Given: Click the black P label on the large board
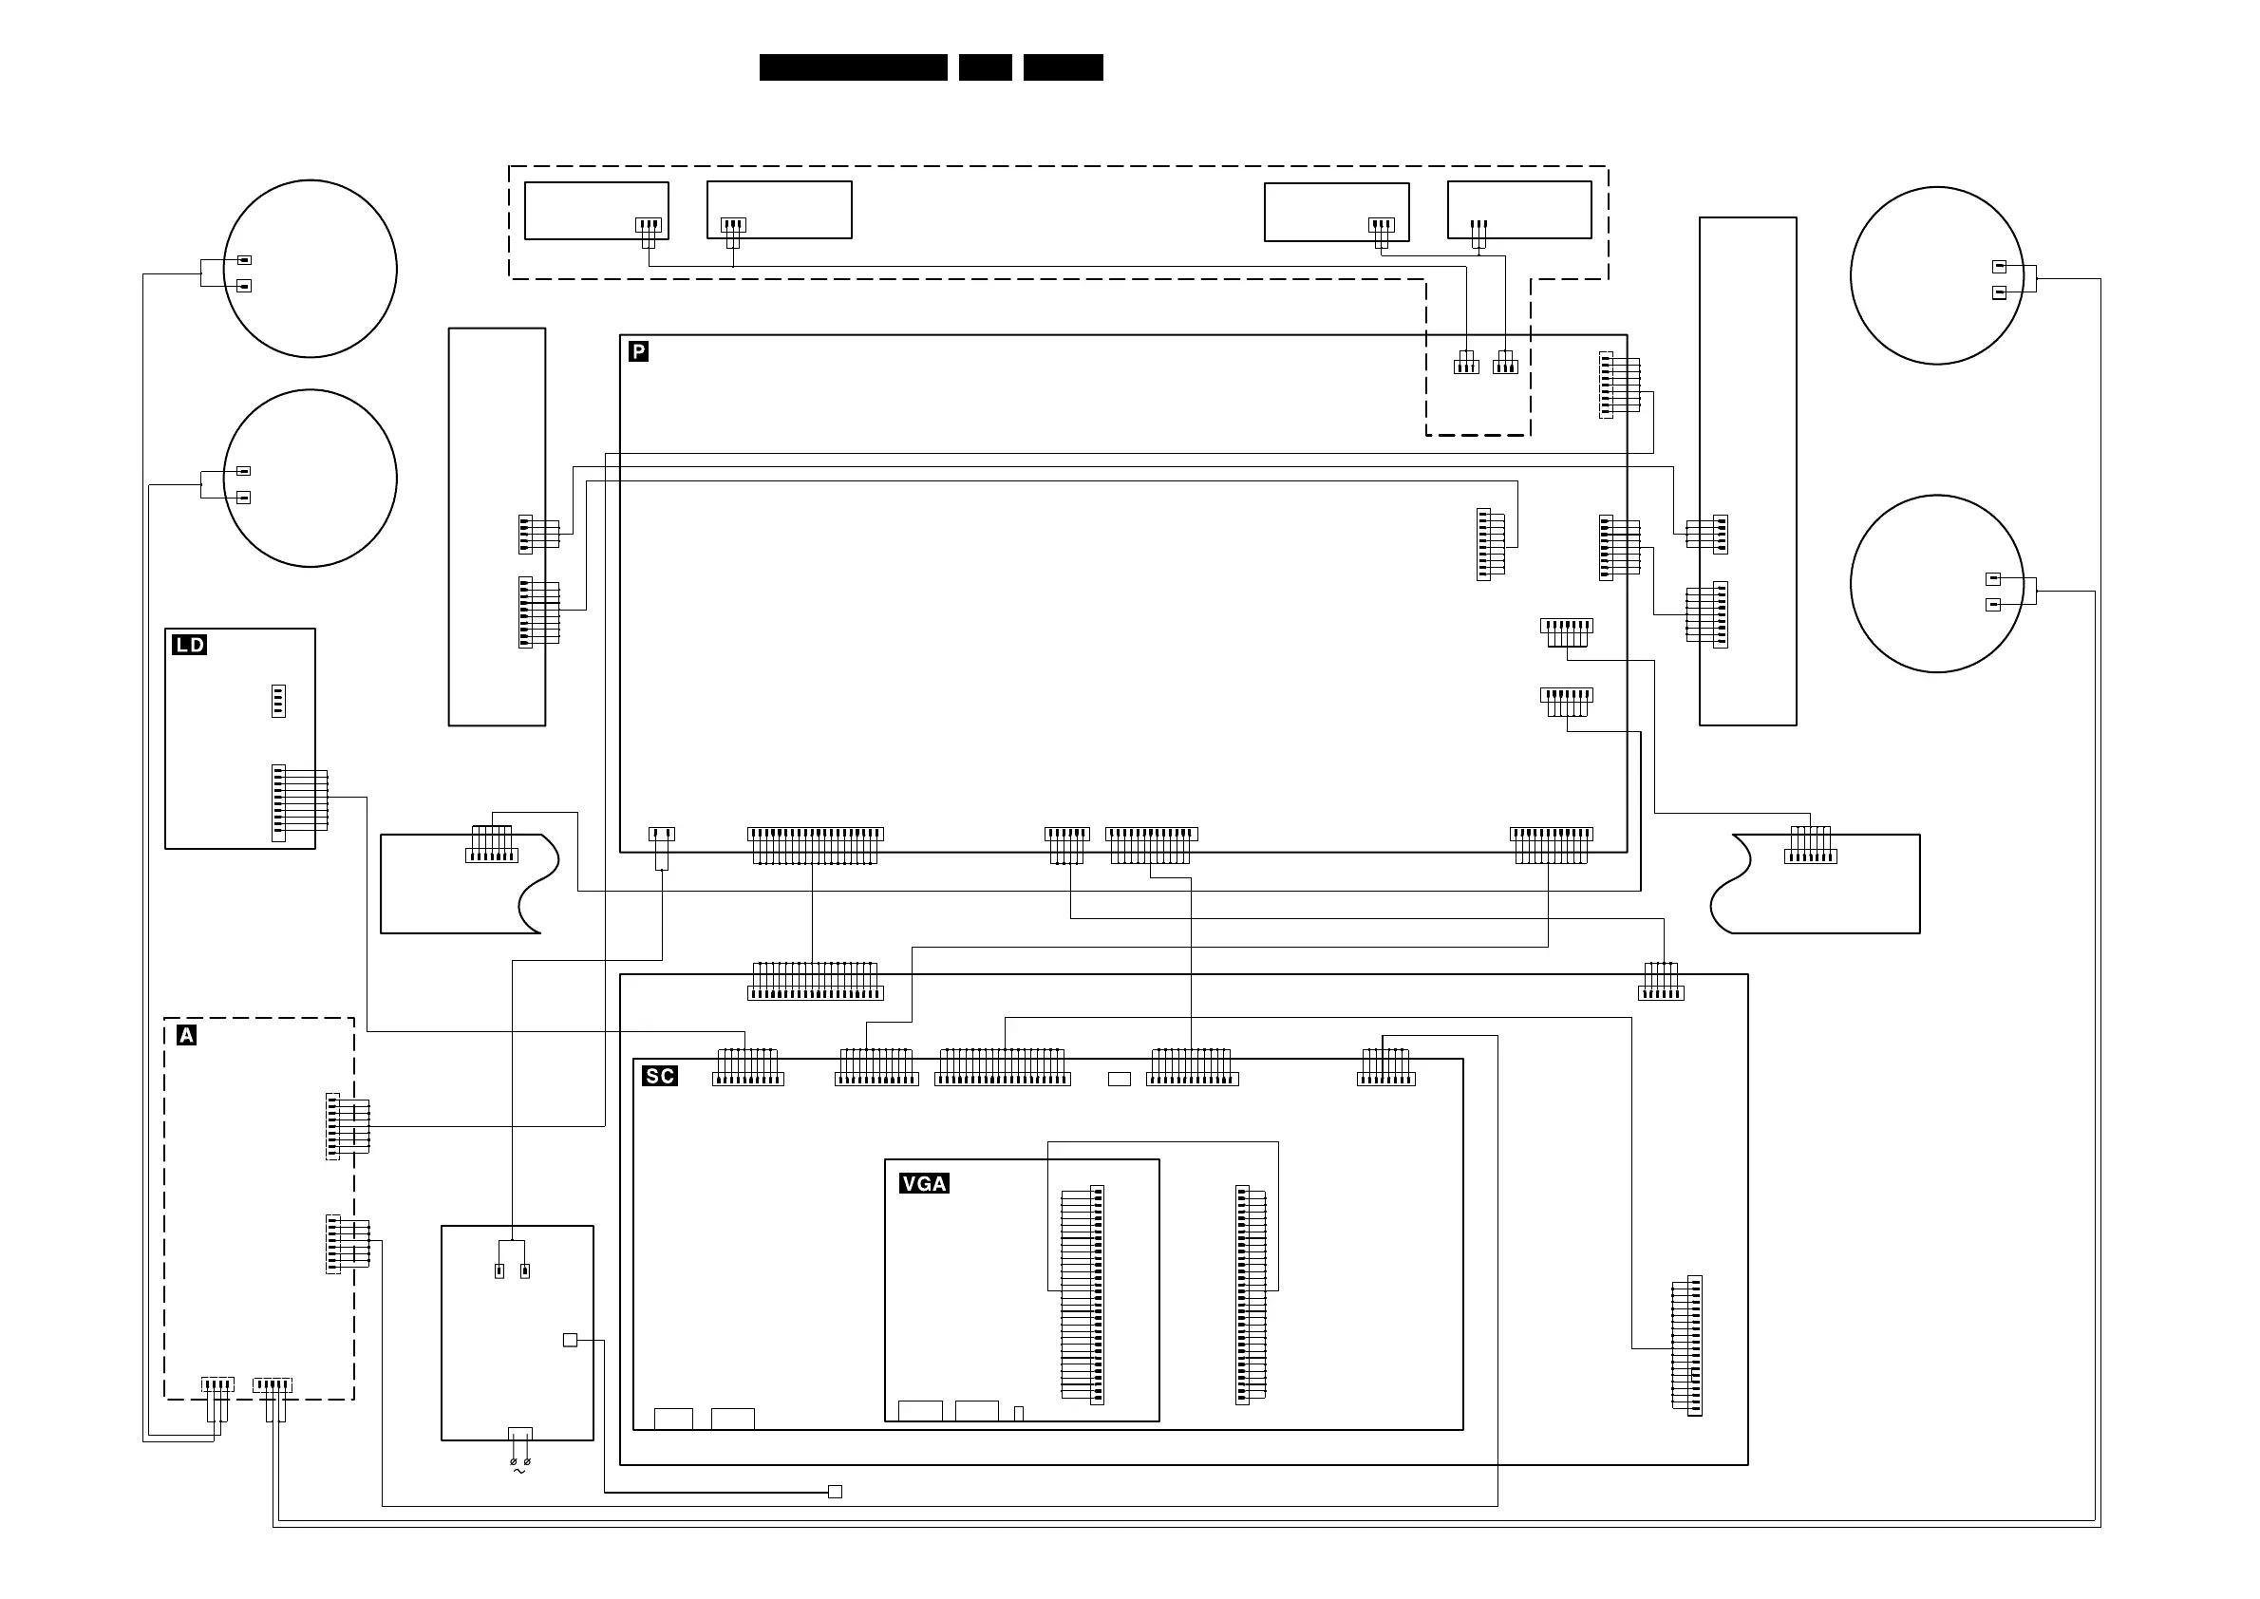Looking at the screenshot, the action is click(638, 351).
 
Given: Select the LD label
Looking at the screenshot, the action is click(189, 645).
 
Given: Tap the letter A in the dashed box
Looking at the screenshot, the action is click(186, 1035).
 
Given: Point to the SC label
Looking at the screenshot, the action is click(660, 1075).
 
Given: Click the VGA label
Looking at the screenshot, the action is click(924, 1183).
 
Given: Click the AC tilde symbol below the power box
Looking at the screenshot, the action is click(519, 1472).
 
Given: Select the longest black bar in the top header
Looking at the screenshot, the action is click(853, 67).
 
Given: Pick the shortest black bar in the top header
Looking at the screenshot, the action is click(985, 67).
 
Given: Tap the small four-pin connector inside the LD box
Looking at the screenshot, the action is click(278, 701).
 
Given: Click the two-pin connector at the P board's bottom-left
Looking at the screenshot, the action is click(662, 835).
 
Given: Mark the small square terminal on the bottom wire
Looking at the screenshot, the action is click(835, 1492).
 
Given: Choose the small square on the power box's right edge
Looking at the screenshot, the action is click(569, 1340).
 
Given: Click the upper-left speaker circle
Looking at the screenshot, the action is click(311, 268).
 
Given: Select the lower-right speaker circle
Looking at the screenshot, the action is click(1936, 584).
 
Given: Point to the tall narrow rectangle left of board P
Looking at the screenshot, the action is click(497, 527).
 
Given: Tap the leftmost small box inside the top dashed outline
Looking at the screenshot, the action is click(595, 210).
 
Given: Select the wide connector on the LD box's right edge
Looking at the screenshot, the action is click(278, 803).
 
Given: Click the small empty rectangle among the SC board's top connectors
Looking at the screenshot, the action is click(1119, 1079).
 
